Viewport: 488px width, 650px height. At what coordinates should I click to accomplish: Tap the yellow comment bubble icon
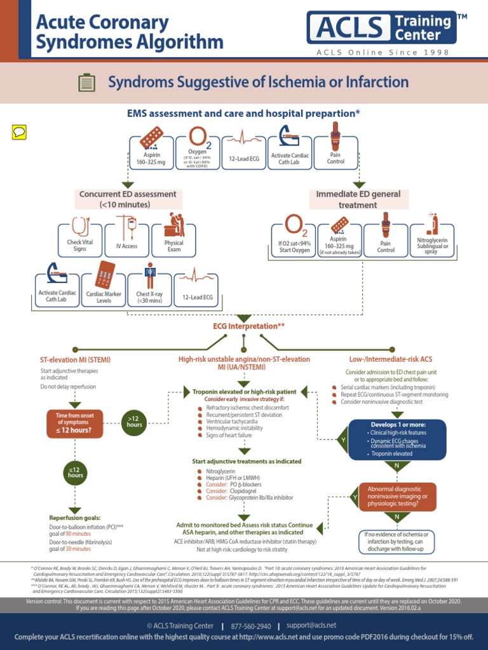[19, 132]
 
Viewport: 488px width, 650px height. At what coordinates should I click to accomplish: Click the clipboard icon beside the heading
[86, 83]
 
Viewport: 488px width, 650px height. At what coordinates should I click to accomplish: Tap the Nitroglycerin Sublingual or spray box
[431, 241]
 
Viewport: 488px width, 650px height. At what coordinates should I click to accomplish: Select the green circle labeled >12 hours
[135, 420]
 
